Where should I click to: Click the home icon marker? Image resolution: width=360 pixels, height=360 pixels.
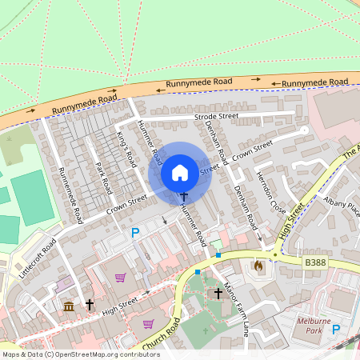(x=180, y=172)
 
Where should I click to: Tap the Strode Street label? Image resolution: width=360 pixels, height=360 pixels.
(x=216, y=117)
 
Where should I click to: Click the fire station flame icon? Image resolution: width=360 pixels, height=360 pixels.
(x=258, y=265)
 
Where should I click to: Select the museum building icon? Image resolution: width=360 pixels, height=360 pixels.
(x=69, y=306)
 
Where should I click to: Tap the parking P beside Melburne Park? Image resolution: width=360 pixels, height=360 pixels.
(x=336, y=329)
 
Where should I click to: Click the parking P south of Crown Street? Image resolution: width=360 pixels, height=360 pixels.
(x=135, y=233)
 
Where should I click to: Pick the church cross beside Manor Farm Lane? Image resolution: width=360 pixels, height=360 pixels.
(x=218, y=294)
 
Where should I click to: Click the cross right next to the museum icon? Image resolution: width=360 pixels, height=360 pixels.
(x=90, y=305)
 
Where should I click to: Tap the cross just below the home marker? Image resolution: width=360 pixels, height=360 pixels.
(x=183, y=195)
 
